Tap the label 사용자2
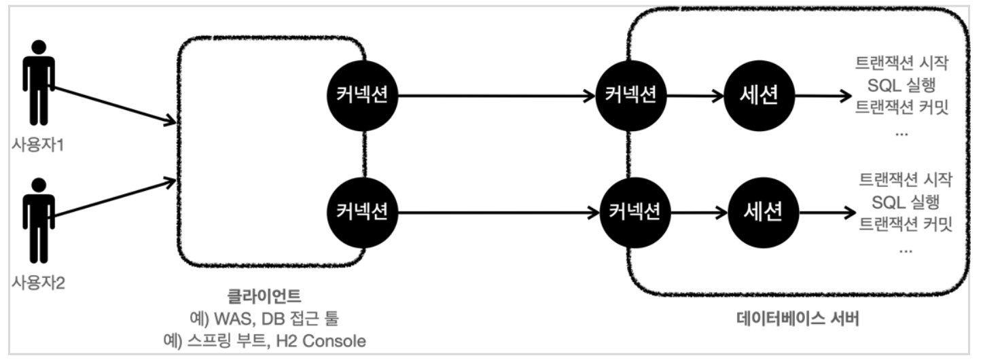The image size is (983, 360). (37, 281)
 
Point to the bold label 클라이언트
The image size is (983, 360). (264, 296)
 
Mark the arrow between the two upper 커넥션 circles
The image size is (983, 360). (496, 96)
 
